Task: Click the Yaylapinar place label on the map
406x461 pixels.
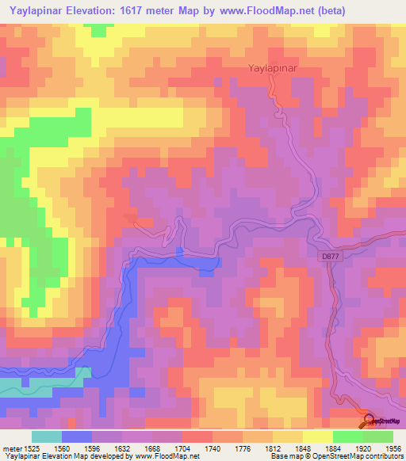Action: click(x=273, y=69)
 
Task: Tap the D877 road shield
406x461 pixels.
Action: click(x=330, y=256)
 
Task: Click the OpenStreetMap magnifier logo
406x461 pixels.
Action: click(x=369, y=421)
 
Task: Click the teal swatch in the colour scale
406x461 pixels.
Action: click(x=46, y=436)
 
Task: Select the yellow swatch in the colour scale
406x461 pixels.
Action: click(x=317, y=436)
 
